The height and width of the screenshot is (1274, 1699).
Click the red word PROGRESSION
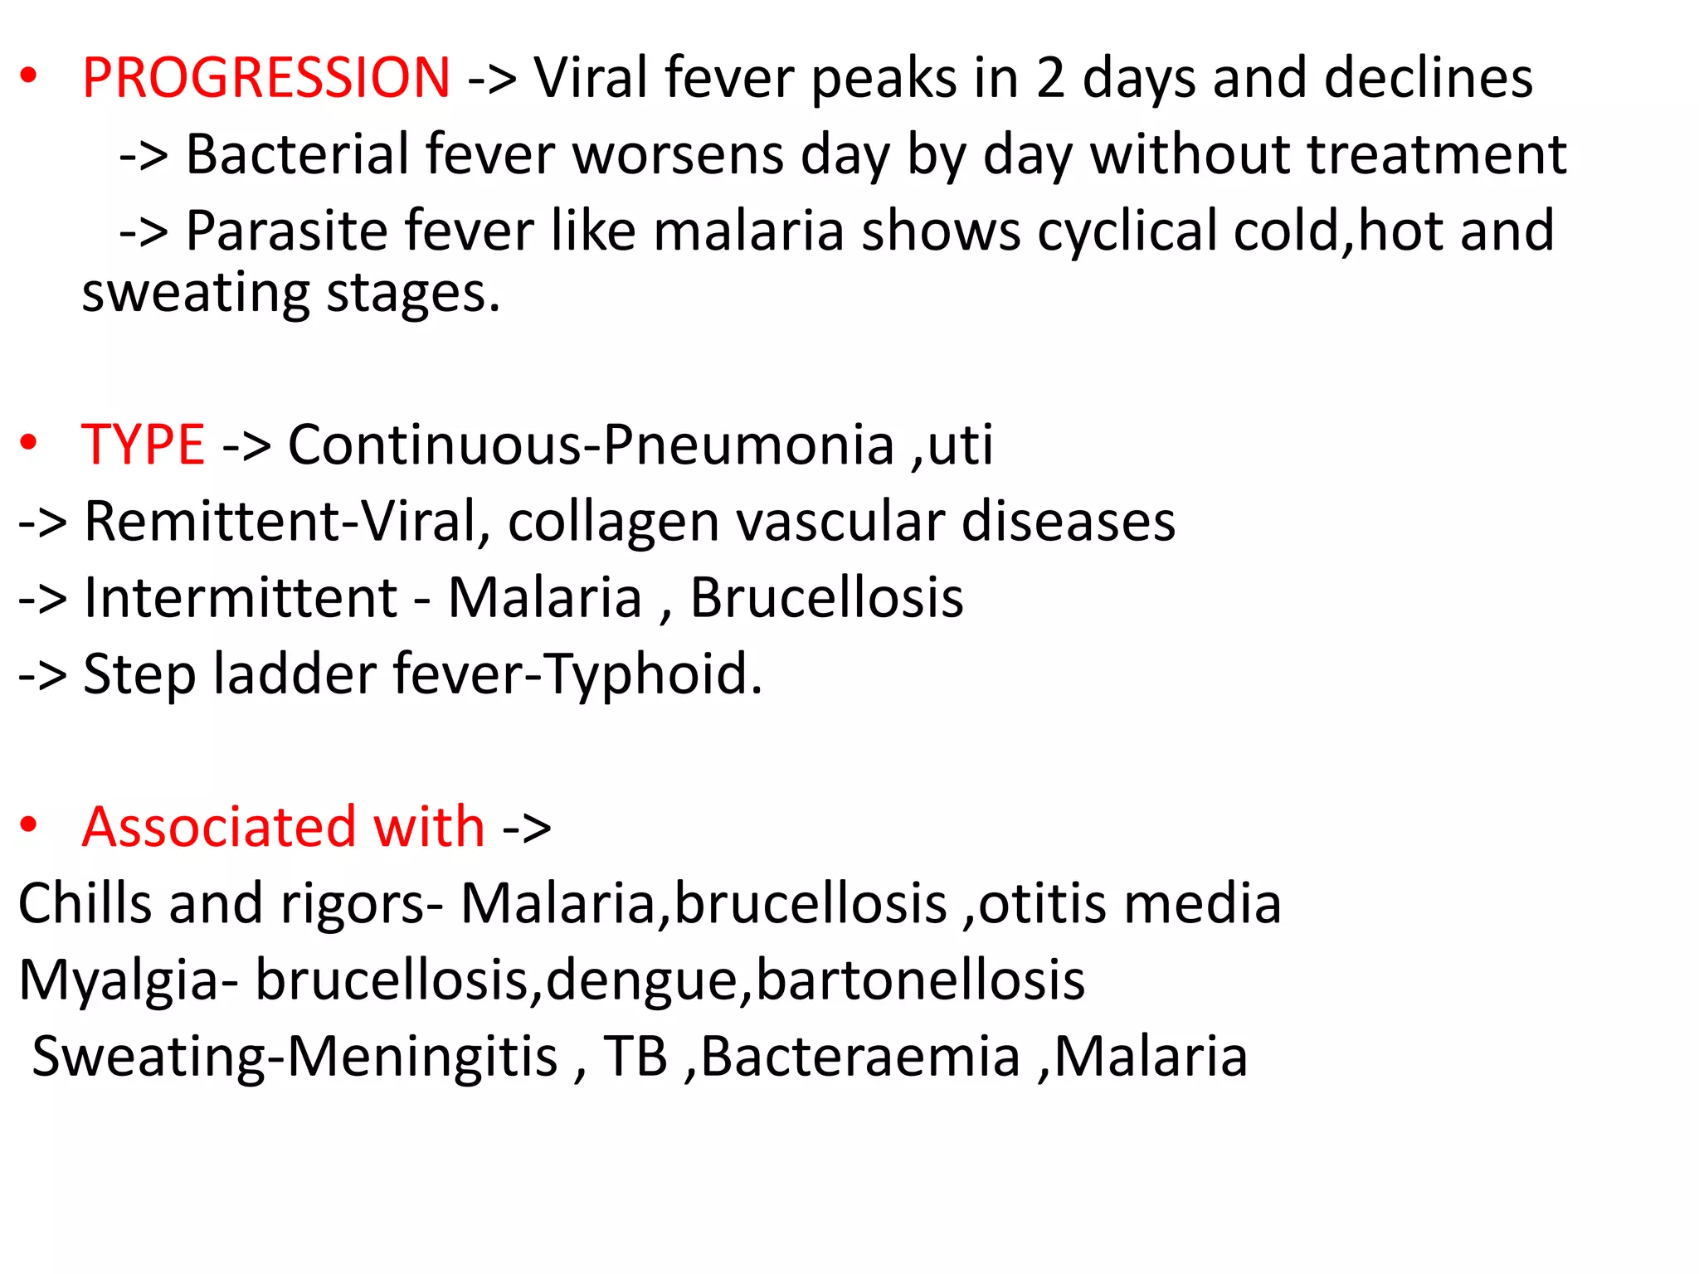pos(265,78)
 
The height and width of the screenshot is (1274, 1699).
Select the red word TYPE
pos(143,445)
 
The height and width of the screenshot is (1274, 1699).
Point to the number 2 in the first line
pos(1050,78)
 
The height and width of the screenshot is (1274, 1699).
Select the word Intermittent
pos(241,598)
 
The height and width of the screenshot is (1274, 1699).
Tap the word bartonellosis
pos(920,980)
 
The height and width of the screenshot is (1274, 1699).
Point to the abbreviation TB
pos(635,1057)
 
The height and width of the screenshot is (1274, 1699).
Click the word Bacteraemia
pos(859,1057)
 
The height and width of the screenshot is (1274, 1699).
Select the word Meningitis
pos(422,1057)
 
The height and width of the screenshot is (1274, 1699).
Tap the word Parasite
pos(287,231)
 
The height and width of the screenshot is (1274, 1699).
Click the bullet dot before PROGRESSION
pos(29,76)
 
